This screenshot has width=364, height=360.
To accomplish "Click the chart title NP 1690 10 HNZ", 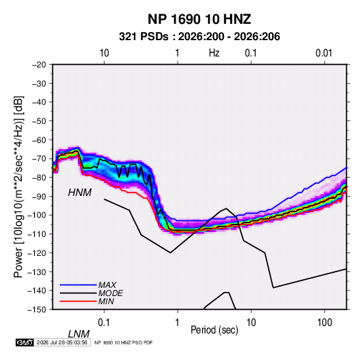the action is point(199,19).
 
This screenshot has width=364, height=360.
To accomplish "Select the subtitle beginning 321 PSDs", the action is point(199,37).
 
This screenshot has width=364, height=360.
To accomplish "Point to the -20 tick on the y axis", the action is point(39,65).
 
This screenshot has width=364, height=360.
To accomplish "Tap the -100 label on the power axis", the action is point(37,215).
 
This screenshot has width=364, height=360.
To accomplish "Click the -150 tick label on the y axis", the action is point(37,310).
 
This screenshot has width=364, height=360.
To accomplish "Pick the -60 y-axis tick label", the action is point(39,140).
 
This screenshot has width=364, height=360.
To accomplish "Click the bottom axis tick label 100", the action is point(325,323).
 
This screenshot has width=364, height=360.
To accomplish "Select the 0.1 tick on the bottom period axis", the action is point(104,323).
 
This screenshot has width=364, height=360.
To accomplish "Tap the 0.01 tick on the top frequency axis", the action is point(324,53).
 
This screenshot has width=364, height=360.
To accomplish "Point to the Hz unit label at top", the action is point(214,53).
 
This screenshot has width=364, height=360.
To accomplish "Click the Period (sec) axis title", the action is point(214,330).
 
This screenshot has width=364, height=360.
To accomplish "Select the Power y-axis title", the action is point(18,187).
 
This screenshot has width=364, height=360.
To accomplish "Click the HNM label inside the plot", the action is point(80,193).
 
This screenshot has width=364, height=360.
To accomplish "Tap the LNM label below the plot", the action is point(79,334).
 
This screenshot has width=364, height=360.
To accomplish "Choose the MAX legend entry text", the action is point(107,284).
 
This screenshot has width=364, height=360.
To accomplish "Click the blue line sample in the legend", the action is point(78,284).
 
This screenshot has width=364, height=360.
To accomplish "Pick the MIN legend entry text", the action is point(106,301).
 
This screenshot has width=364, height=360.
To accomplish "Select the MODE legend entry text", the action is point(111,293).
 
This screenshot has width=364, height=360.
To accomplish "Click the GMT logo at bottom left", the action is point(24,342).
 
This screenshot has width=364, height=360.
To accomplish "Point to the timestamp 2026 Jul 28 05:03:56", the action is point(62,342).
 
